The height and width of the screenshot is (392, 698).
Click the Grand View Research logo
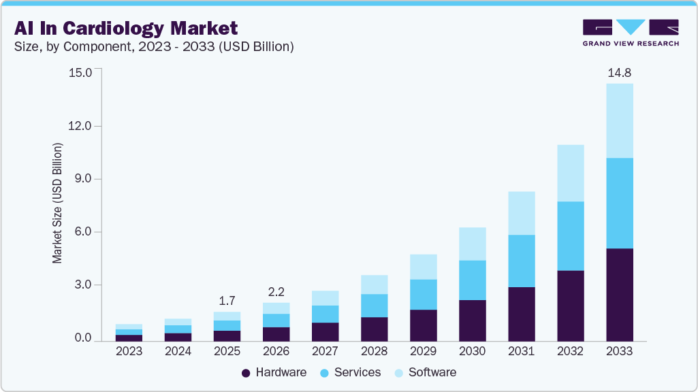[x=630, y=33]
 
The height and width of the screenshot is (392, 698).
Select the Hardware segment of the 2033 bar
[x=619, y=295]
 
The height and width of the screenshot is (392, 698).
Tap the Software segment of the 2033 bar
[x=619, y=120]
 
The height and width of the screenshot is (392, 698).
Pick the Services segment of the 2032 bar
[x=570, y=236]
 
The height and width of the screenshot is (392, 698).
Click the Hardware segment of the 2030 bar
[x=472, y=320]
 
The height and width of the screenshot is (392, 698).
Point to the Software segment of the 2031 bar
[x=521, y=213]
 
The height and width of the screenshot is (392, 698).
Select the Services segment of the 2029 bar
[x=423, y=294]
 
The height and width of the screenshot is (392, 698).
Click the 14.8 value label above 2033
[x=619, y=72]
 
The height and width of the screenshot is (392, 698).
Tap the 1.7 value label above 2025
[x=227, y=300]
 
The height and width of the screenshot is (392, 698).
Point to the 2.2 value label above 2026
[x=276, y=291]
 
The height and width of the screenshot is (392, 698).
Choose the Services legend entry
[x=351, y=372]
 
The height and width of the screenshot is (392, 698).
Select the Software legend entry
[x=426, y=372]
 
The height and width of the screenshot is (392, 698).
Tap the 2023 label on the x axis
[x=129, y=351]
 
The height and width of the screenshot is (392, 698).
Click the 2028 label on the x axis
[x=374, y=351]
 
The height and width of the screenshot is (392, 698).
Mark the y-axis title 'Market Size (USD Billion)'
[x=58, y=203]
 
